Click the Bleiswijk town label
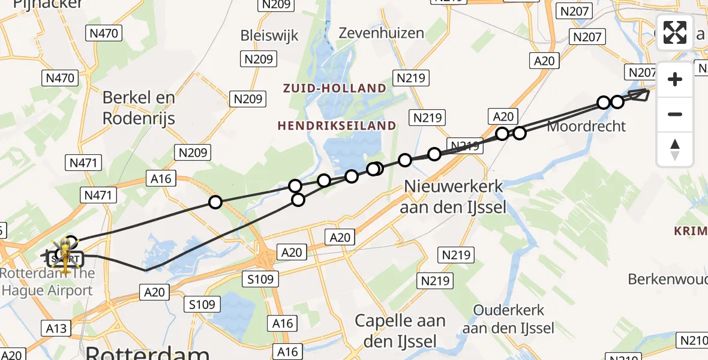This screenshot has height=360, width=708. coord(269,35)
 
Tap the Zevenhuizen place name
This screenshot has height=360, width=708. coord(381,33)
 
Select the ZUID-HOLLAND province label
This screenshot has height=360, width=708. coord(335,88)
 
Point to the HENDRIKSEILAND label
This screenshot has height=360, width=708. coord(337,126)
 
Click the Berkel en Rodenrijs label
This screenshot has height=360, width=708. coord(139,108)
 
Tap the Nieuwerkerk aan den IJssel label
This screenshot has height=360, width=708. coord(455,197)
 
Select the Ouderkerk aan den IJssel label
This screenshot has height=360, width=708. coord(508,319)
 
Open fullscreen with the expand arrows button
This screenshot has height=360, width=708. coord(675,32)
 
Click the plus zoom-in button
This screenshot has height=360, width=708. coord(675,79)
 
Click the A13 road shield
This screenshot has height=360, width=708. coord(56,328)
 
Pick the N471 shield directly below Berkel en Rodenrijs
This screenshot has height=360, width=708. coord(85,163)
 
